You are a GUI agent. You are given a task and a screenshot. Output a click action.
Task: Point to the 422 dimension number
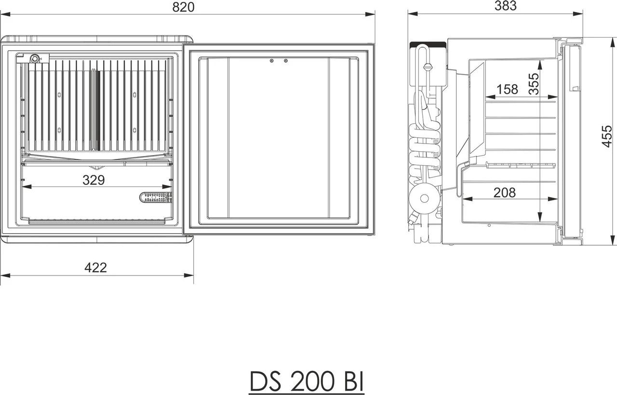95,267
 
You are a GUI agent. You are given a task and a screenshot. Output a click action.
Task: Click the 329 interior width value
93,180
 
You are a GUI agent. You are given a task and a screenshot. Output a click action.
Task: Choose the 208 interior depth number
504,193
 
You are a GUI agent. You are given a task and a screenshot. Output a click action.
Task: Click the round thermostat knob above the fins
35,59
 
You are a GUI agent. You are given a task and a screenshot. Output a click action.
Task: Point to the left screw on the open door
272,61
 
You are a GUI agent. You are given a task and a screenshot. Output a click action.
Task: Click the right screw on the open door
286,61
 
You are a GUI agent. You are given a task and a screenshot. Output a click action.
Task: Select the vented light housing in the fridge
156,197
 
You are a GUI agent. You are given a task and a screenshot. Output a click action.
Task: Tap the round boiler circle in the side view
425,197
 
